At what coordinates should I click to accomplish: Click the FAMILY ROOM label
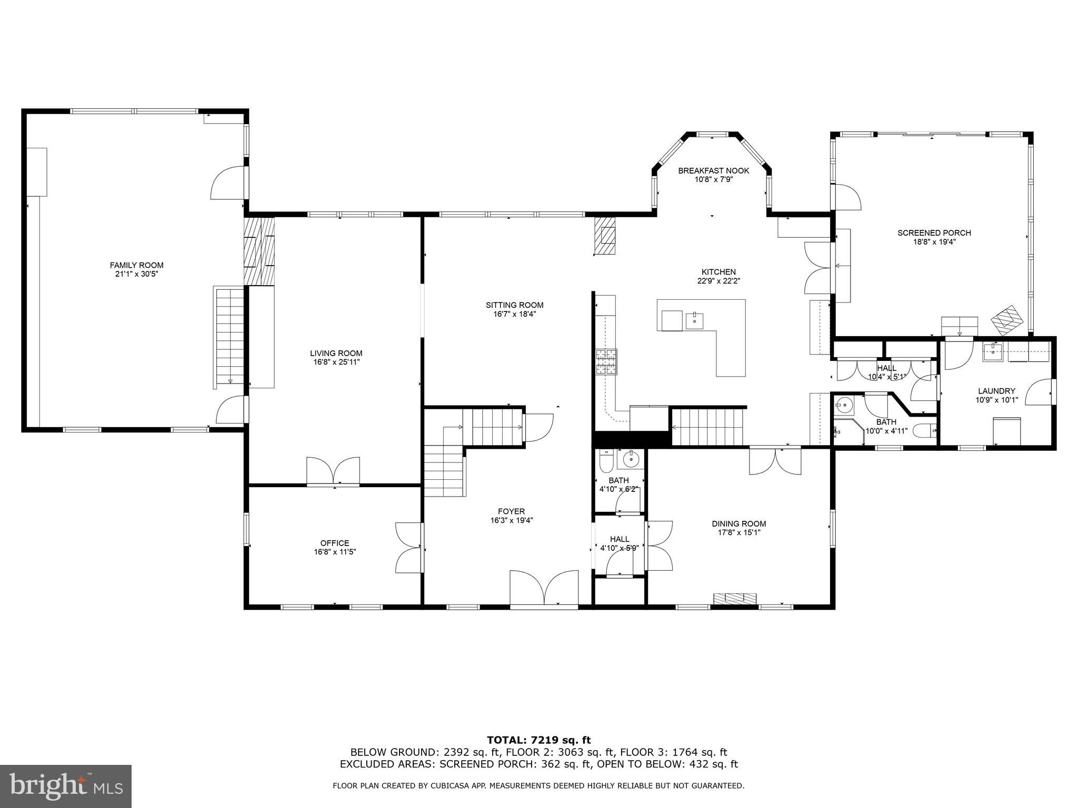pos(136,265)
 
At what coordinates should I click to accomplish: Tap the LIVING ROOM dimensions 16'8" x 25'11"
pos(336,362)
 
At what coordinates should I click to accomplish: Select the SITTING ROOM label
pos(514,305)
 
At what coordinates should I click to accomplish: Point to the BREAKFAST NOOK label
pos(713,170)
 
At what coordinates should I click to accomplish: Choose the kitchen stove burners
pos(606,362)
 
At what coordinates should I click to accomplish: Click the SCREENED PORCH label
pos(934,233)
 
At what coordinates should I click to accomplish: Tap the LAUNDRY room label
pos(996,391)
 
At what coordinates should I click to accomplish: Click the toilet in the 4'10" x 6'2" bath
pos(605,461)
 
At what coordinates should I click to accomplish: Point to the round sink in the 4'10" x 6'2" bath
pos(631,460)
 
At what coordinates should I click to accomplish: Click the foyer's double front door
pos(544,589)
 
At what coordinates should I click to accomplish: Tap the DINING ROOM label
pos(738,523)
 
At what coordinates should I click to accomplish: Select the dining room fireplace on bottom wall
pos(735,598)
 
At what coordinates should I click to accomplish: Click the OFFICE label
pos(335,543)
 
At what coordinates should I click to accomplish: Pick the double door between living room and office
pos(333,471)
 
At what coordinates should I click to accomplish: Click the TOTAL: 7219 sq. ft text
pos(538,740)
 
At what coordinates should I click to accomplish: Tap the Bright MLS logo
pos(66,786)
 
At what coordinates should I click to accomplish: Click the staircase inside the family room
pos(229,337)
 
